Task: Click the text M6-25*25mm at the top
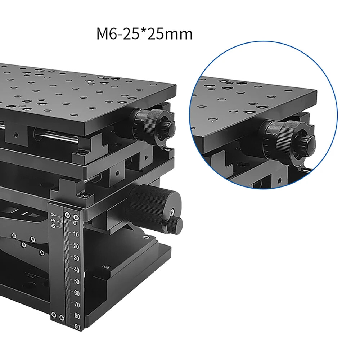point(144,34)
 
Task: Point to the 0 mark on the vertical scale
point(75,223)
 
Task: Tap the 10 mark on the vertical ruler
point(76,235)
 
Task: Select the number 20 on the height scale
point(76,246)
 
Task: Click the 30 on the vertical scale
point(76,258)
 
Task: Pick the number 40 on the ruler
point(76,270)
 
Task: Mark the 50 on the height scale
point(76,281)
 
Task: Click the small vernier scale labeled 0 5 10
point(53,220)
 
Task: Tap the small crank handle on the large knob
point(176,224)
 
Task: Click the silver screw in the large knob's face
point(173,212)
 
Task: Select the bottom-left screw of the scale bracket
point(54,315)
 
